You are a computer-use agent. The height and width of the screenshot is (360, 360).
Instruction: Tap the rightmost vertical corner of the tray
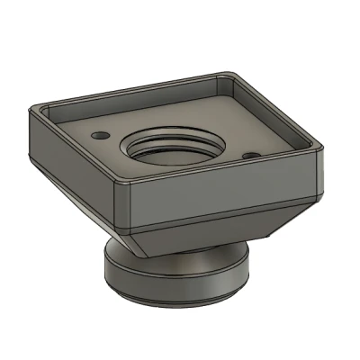click(x=321, y=162)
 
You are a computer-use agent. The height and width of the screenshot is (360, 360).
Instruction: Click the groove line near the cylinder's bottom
click(x=175, y=293)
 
